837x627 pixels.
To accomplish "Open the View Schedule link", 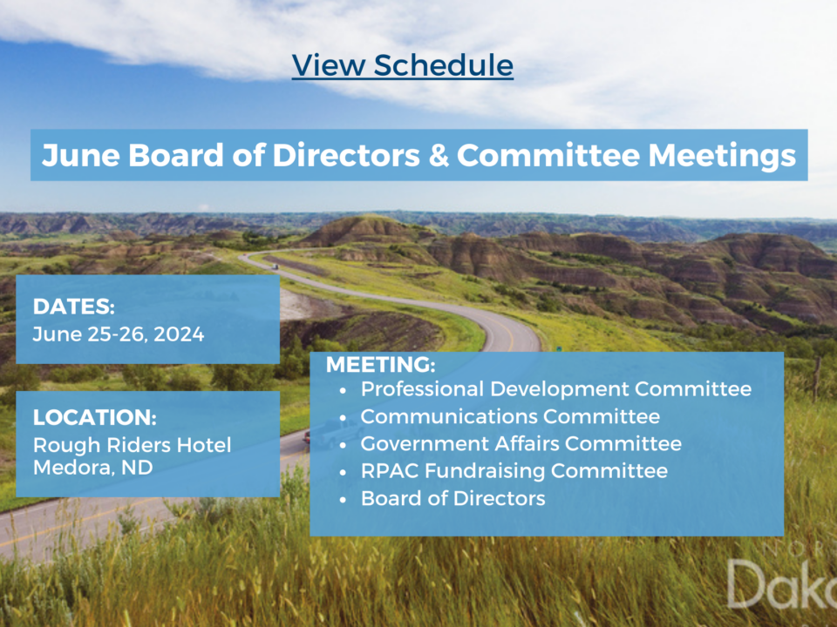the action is [x=403, y=65].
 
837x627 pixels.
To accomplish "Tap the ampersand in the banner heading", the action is [x=439, y=156].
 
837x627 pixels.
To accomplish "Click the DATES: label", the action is [x=73, y=307].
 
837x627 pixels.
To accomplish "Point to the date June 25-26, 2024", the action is [x=118, y=334].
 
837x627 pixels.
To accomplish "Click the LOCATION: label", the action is [x=94, y=417].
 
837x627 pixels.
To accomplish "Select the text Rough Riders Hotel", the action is [x=132, y=445].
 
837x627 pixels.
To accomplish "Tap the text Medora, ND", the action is [x=93, y=468].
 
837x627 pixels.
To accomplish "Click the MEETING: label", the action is [x=381, y=365].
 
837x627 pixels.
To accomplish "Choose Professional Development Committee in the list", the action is [x=555, y=389].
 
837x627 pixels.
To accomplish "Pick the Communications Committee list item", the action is [x=510, y=416].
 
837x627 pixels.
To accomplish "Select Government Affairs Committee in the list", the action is [x=521, y=443].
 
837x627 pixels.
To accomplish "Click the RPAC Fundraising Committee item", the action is [x=514, y=471].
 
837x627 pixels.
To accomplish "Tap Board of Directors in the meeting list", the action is [x=453, y=498].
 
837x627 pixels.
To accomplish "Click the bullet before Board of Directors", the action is [x=343, y=500].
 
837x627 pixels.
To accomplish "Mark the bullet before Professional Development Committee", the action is [x=343, y=390].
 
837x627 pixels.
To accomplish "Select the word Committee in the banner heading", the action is [x=548, y=156].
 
